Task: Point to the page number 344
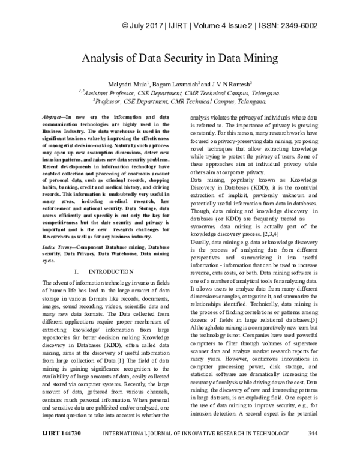(312, 449)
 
